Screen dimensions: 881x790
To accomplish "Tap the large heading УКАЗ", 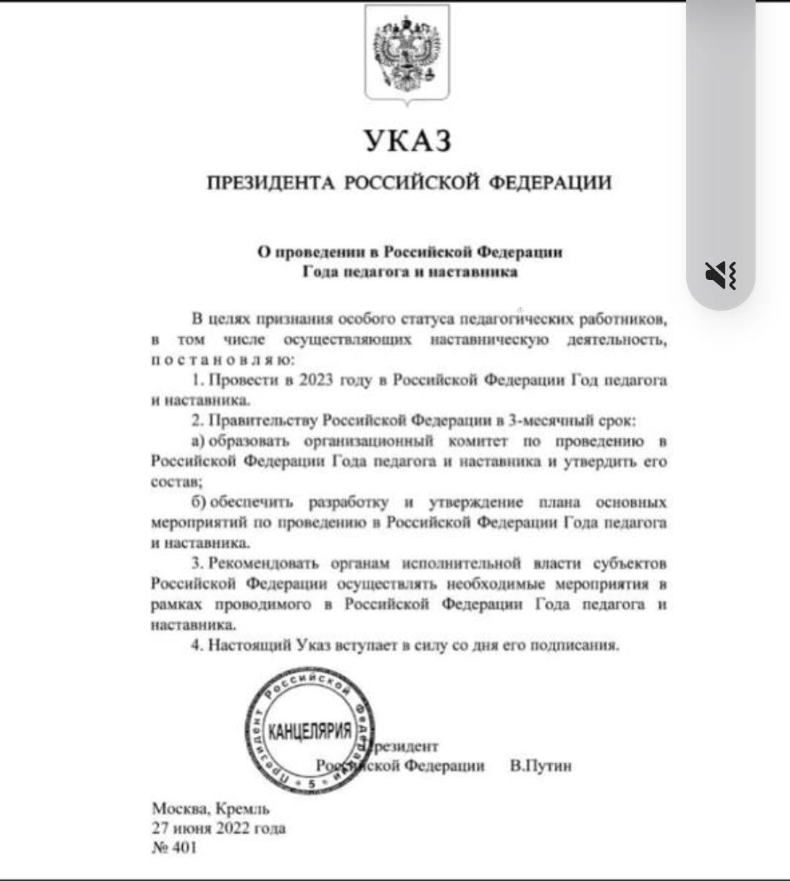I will (x=408, y=140).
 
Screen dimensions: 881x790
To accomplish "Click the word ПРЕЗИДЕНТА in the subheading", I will (x=271, y=182).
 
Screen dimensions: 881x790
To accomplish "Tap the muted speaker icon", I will (x=721, y=275).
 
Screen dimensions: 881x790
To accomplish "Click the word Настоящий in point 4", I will (x=250, y=645).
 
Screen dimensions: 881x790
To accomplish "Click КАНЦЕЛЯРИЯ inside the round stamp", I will (x=310, y=731).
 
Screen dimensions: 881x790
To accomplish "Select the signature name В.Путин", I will (x=541, y=765).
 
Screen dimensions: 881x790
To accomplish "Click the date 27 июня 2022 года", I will (x=218, y=828).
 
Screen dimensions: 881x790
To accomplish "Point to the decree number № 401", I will (x=174, y=848).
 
